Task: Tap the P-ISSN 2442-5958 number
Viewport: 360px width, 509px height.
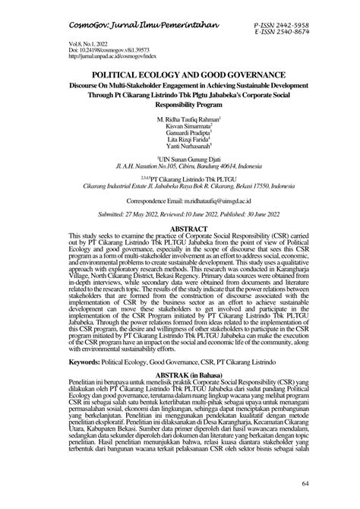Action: coord(292,26)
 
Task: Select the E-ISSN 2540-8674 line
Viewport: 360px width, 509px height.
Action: coord(292,33)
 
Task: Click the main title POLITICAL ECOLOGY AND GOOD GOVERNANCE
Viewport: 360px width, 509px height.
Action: coord(179,77)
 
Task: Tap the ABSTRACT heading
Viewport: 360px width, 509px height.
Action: coord(179,228)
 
